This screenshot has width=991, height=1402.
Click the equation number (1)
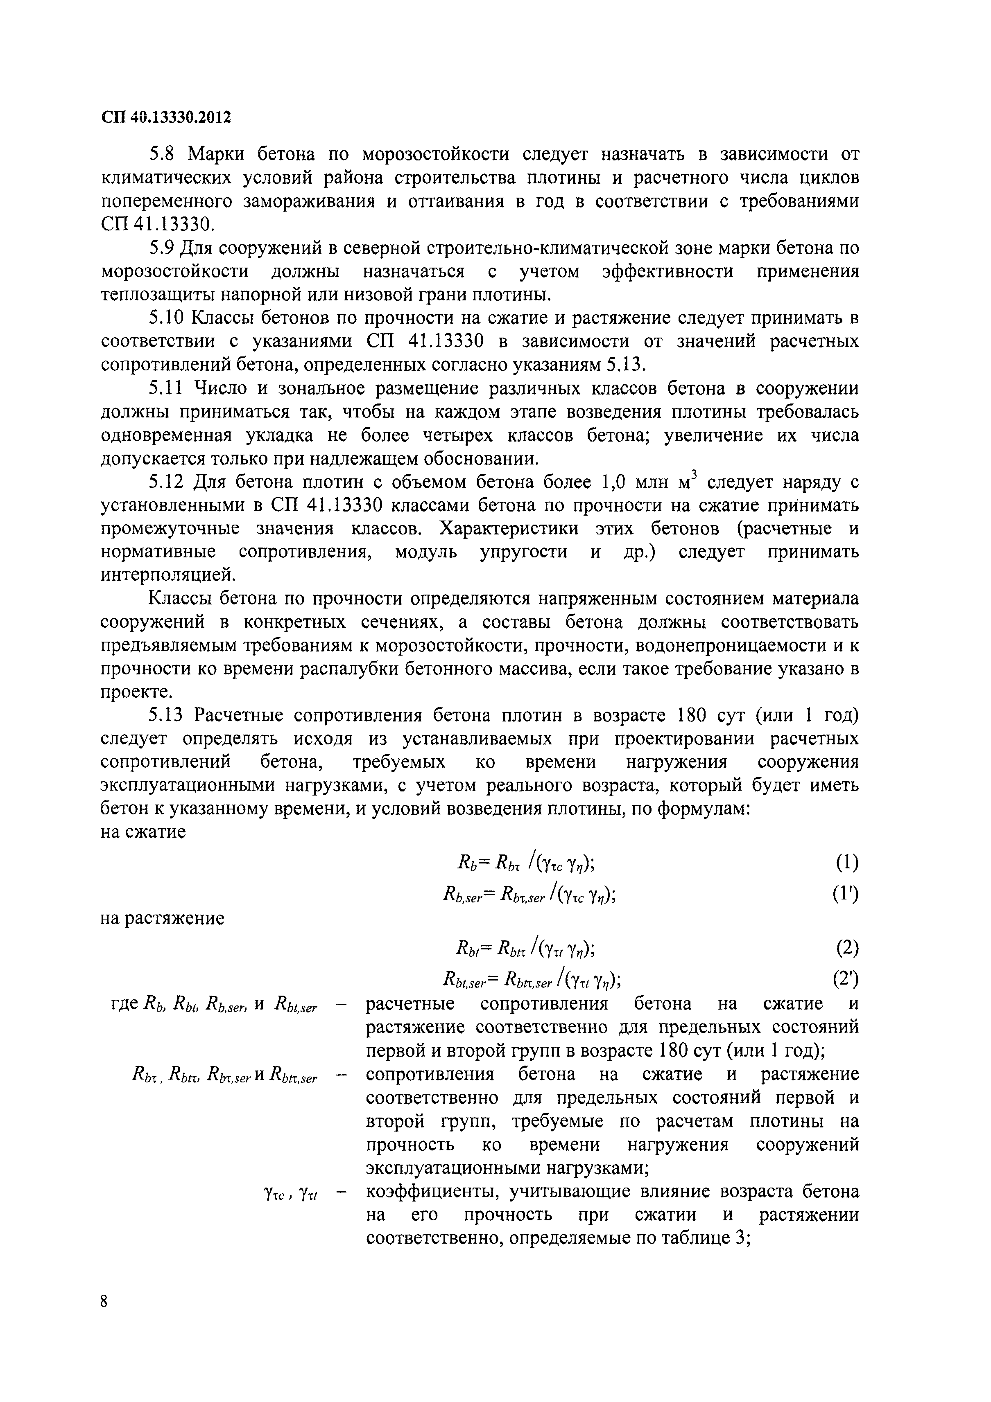tap(846, 863)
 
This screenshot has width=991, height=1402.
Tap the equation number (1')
tap(845, 895)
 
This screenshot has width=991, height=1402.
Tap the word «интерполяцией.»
tap(167, 575)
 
